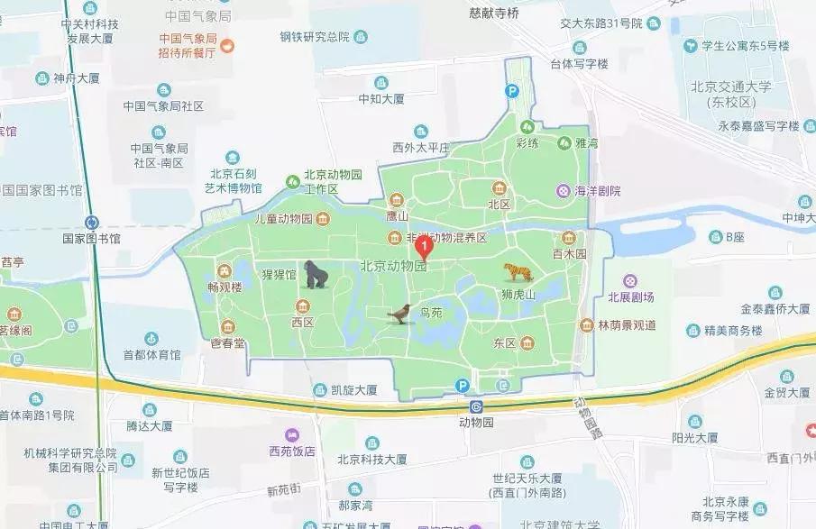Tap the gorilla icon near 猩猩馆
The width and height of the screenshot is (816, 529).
(x=316, y=275)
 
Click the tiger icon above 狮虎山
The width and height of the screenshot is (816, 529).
(x=518, y=271)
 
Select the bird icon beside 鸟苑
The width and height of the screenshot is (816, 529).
(x=399, y=314)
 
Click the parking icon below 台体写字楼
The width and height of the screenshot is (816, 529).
(x=511, y=90)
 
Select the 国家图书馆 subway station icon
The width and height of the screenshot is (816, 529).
(x=91, y=222)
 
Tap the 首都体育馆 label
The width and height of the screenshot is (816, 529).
(x=151, y=354)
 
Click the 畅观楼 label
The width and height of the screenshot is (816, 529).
(x=225, y=287)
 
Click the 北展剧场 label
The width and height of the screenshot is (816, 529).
(x=630, y=296)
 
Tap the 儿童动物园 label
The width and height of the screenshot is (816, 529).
(x=270, y=219)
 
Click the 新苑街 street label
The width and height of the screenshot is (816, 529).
(x=284, y=491)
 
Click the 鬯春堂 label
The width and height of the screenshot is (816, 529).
(x=227, y=342)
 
